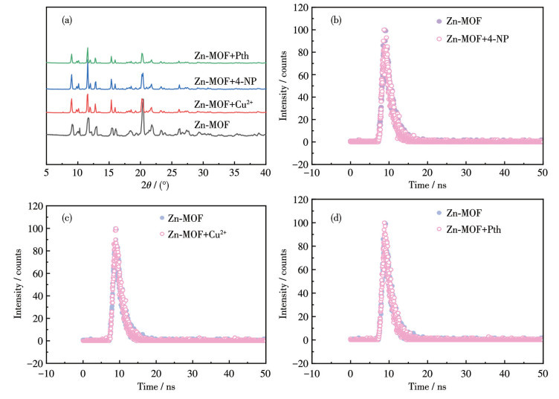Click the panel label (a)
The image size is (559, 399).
click(x=66, y=21)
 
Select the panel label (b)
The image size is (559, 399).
click(x=336, y=20)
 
